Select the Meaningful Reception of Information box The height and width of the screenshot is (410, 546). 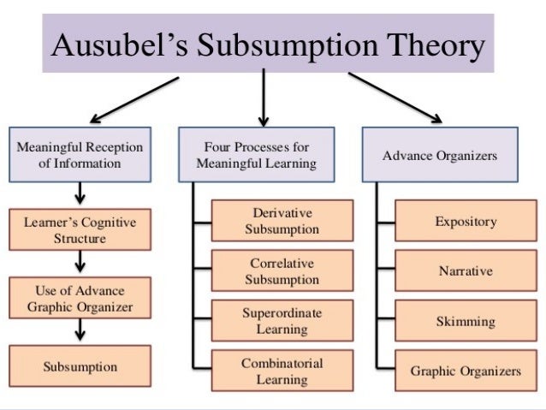80,154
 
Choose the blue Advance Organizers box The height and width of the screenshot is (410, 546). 439,155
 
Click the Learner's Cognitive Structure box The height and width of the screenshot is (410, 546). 80,230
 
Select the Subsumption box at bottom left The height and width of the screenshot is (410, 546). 80,367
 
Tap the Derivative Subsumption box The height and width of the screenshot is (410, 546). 282,221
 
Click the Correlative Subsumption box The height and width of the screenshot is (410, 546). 282,271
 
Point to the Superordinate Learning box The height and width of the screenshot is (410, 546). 282,321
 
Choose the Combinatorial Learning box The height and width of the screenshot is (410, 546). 282,371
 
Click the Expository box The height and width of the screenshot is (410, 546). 466,222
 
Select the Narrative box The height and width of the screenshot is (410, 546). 466,271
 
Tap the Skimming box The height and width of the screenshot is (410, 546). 466,322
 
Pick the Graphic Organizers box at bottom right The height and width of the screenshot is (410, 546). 466,371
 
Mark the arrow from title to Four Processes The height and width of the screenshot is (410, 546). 264,96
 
